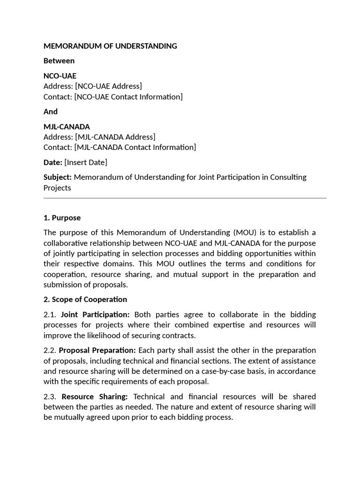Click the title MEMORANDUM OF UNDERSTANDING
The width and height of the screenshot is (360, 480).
pyautogui.click(x=110, y=46)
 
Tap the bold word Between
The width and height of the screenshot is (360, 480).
pyautogui.click(x=59, y=61)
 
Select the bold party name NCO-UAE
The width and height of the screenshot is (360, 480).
pyautogui.click(x=60, y=76)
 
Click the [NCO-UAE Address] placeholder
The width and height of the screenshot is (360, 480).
pyautogui.click(x=108, y=86)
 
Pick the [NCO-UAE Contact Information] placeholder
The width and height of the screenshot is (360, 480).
pyautogui.click(x=128, y=97)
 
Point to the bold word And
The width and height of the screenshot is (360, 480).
pyautogui.click(x=51, y=112)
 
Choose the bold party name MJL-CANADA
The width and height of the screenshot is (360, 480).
pyautogui.click(x=67, y=127)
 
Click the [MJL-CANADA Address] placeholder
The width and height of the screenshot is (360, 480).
pyautogui.click(x=115, y=137)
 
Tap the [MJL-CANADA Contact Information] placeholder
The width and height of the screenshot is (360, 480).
pyautogui.click(x=135, y=147)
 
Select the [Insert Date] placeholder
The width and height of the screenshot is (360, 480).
pyautogui.click(x=86, y=162)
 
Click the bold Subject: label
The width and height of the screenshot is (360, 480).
pyautogui.click(x=58, y=177)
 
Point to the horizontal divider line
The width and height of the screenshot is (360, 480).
pyautogui.click(x=185, y=198)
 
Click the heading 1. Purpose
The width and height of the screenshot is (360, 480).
pyautogui.click(x=62, y=218)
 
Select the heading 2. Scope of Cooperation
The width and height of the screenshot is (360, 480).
pyautogui.click(x=85, y=300)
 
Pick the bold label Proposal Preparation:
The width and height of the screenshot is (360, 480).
pyautogui.click(x=97, y=351)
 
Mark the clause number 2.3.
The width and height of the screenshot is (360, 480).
pyautogui.click(x=50, y=397)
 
